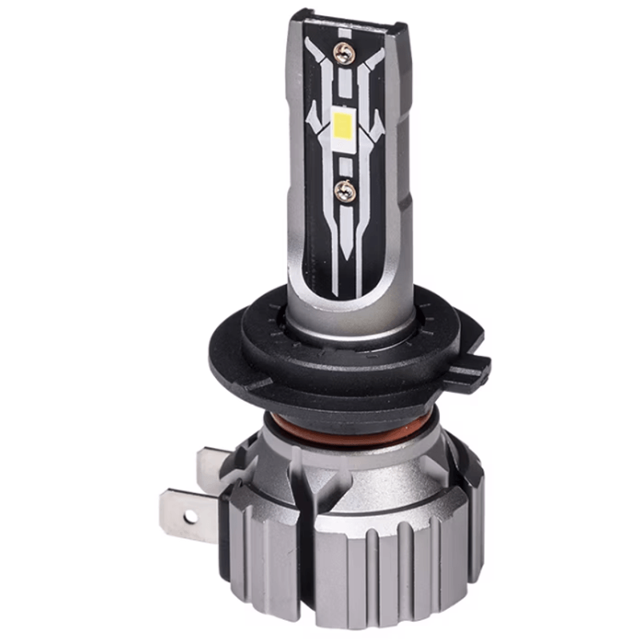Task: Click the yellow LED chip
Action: coord(345,125)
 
